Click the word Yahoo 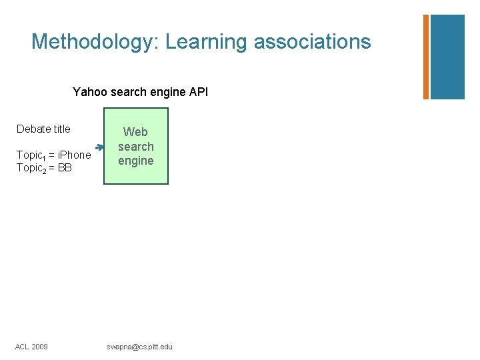(x=91, y=92)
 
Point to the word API (x=199, y=92)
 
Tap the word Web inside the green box (x=136, y=132)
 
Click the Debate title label (x=43, y=129)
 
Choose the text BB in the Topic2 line (x=65, y=168)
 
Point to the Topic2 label (x=31, y=169)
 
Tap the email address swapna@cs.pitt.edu (x=139, y=347)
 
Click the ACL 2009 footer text (x=32, y=347)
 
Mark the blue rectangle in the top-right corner (x=447, y=57)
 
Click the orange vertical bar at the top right (x=425, y=57)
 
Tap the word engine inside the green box (x=136, y=161)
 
